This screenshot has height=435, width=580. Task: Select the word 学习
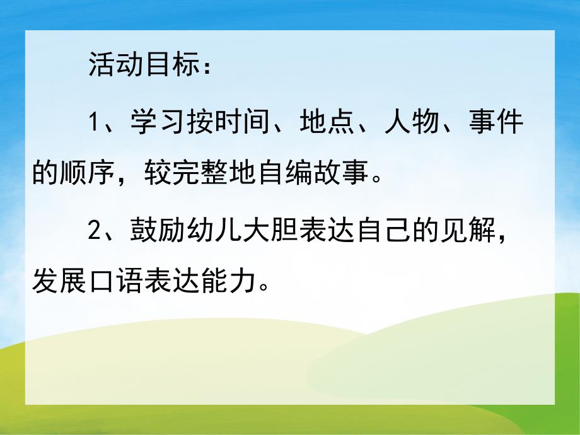(x=155, y=122)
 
